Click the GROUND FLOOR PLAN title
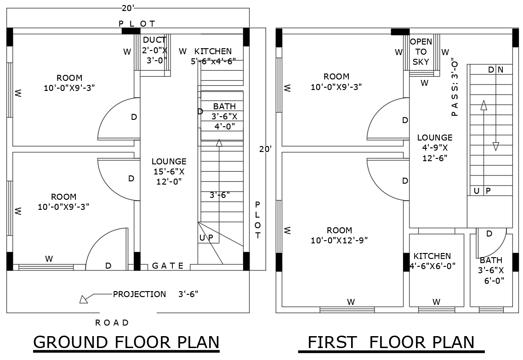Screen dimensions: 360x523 pos(126,343)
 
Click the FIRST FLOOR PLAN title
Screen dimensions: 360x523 pos(391,343)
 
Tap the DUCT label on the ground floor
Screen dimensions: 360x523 pos(154,50)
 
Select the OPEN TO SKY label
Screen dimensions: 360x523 pos(421,52)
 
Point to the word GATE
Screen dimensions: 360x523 pos(168,266)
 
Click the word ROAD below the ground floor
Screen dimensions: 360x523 pos(112,323)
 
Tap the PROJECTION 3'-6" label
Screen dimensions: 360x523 pos(155,294)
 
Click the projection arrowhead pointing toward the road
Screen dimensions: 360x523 pos(84,299)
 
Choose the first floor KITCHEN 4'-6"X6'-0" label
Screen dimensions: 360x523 pos(432,261)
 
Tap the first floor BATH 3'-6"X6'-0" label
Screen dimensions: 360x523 pos(491,270)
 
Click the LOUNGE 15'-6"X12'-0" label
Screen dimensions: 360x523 pos(169,171)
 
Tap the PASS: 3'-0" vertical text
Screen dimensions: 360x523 pos(455,87)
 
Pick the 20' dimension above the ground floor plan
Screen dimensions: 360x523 pos(128,8)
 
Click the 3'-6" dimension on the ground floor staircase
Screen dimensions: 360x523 pos(220,195)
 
